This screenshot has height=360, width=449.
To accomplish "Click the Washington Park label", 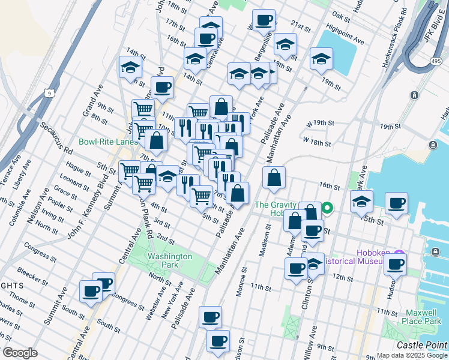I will pyautogui.click(x=169, y=260).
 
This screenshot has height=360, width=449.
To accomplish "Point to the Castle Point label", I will pyautogui.click(x=422, y=345).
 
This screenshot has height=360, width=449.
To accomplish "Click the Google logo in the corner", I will pyautogui.click(x=19, y=353).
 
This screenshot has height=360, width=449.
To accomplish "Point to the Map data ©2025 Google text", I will pyautogui.click(x=412, y=355).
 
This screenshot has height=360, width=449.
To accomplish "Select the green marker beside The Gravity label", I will pyautogui.click(x=327, y=209).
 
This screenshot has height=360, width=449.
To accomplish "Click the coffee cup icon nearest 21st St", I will pyautogui.click(x=263, y=21).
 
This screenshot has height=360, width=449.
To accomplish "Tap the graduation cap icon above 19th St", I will pyautogui.click(x=321, y=59).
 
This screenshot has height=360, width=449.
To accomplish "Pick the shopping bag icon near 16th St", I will pyautogui.click(x=274, y=177).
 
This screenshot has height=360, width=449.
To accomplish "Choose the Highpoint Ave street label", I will pyautogui.click(x=346, y=35).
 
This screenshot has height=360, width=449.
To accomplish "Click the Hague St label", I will pyautogui.click(x=78, y=170).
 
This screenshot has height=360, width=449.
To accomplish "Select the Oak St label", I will pyautogui.click(x=340, y=16).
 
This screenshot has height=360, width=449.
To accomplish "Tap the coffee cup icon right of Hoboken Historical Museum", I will pyautogui.click(x=395, y=263).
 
